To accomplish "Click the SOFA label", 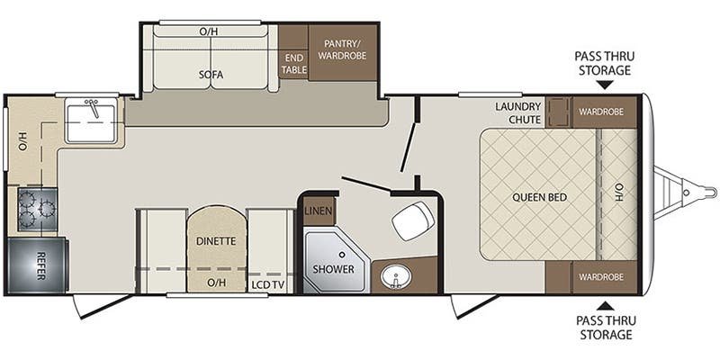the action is (211, 75).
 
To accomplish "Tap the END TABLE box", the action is (293, 64).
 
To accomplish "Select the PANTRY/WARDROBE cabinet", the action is (343, 52).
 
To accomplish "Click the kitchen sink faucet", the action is (94, 108).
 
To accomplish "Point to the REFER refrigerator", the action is (38, 265).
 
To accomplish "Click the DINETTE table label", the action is (216, 240).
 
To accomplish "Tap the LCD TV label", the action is (267, 284).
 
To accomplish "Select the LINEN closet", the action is (318, 211).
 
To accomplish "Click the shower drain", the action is (342, 254).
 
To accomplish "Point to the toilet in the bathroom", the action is (413, 220).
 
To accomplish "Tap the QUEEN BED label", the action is (539, 197).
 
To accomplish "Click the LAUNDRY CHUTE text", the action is (518, 113).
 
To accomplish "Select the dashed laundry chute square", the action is (559, 112).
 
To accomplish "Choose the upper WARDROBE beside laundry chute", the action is (601, 112).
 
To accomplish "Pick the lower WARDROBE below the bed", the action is (601, 277).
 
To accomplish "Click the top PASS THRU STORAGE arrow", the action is (605, 85).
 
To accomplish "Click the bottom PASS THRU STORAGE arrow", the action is (605, 305).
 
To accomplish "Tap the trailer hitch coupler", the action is (699, 191).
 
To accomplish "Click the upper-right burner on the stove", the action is (47, 199).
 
